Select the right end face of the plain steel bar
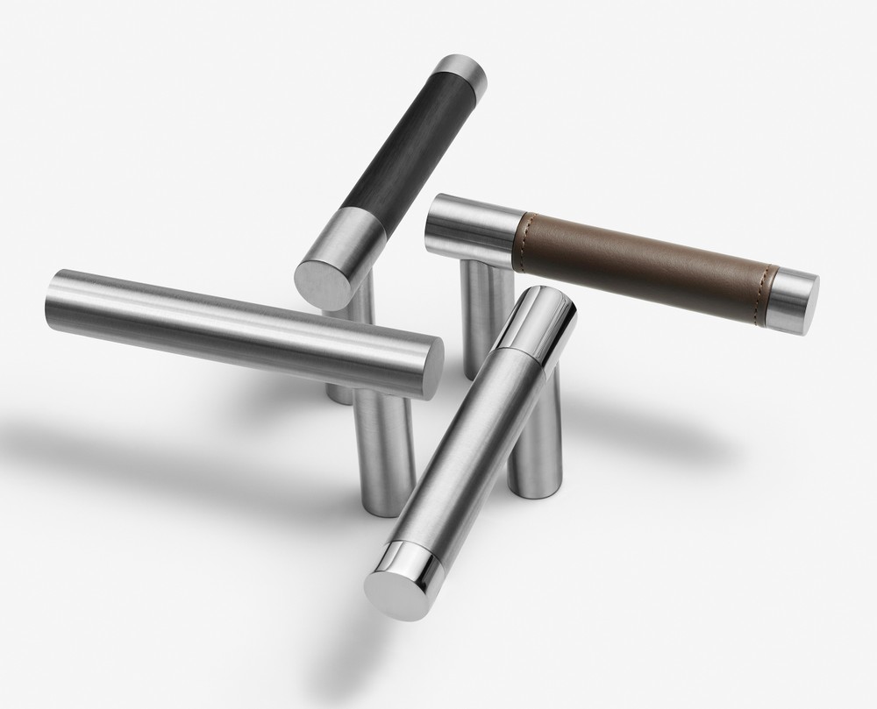432,366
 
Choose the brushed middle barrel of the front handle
469,438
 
